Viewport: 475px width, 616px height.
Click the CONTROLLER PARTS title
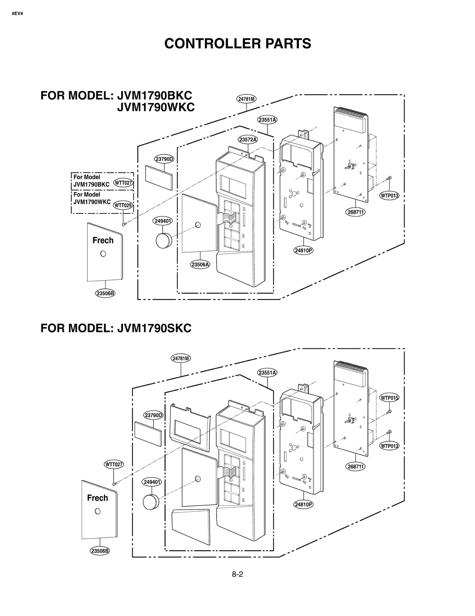pos(237,43)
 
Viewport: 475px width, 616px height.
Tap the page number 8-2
pos(237,574)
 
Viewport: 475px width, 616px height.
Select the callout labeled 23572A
pos(248,139)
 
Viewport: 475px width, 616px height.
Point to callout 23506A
pos(200,264)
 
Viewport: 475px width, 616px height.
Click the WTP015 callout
pos(389,398)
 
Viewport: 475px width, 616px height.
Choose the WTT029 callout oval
pos(123,205)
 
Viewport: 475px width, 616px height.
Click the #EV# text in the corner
pos(18,14)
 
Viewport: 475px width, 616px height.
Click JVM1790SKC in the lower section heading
pos(154,328)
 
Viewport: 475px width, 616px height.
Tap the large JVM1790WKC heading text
pos(156,107)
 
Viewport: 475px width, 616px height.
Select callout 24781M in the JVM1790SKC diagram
pos(181,358)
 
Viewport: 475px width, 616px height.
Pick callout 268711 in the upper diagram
pos(355,212)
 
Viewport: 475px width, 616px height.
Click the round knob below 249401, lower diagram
pos(151,502)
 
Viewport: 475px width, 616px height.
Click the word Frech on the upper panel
pos(103,240)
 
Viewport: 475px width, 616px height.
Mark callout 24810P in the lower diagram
pos(303,504)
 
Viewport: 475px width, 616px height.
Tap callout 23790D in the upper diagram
pos(164,159)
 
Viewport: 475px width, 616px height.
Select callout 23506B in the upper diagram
pos(105,293)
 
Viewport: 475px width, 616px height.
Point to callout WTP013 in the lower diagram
pos(389,446)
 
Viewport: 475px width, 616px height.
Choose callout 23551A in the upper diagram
pos(267,120)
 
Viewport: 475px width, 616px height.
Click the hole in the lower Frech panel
pos(97,511)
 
